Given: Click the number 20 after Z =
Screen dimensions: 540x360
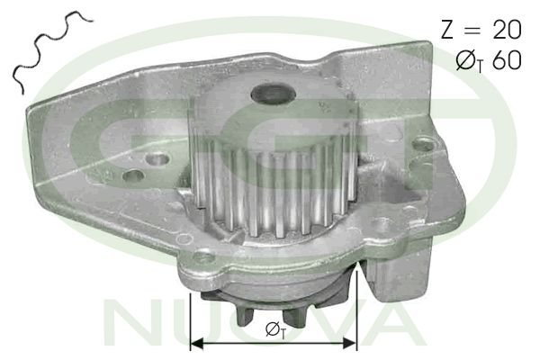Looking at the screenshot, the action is [x=508, y=29].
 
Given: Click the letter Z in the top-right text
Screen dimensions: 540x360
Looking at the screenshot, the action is [x=447, y=29].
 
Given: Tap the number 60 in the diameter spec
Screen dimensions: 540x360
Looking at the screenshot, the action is [x=508, y=60].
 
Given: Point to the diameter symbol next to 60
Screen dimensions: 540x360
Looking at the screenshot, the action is [x=465, y=60].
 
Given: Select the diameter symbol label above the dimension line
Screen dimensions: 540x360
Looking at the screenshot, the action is [x=275, y=330].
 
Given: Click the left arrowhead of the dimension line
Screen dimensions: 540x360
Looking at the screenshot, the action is [x=197, y=343].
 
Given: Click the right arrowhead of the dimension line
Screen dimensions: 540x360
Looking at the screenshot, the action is [x=350, y=343].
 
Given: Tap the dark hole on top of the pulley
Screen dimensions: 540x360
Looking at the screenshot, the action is [x=274, y=94].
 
